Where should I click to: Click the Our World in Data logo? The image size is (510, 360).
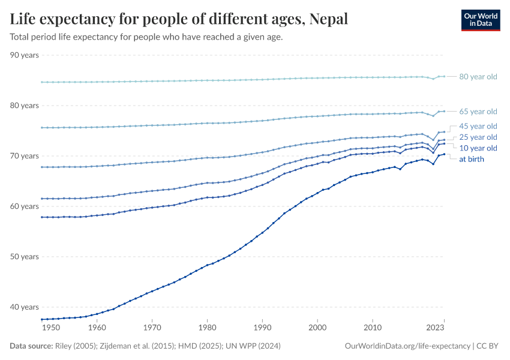click(x=480, y=20)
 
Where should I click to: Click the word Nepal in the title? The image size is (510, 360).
click(x=328, y=19)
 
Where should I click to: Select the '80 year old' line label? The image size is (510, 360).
click(x=478, y=77)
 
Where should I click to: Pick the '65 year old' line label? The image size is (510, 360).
click(x=478, y=112)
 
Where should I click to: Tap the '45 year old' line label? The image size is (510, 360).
click(x=478, y=126)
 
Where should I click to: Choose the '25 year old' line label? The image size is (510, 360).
click(x=478, y=137)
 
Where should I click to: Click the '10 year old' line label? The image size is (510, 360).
click(x=478, y=148)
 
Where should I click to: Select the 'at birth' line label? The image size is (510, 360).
click(x=471, y=159)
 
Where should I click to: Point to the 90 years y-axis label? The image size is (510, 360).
click(x=25, y=55)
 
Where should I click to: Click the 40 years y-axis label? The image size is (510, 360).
click(x=25, y=307)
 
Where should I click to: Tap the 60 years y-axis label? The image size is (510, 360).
click(x=25, y=206)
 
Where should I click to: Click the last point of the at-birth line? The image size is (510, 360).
click(x=444, y=154)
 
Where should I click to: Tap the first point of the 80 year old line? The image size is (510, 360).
click(x=41, y=82)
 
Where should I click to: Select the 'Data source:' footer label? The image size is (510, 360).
click(x=31, y=346)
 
